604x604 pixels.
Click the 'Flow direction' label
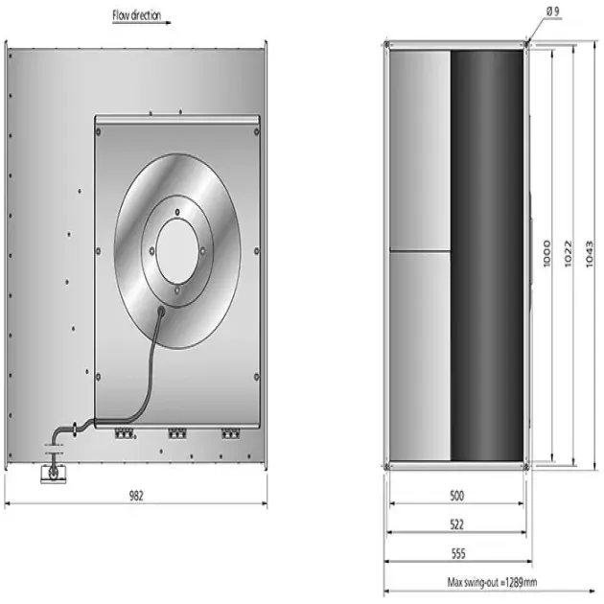pyautogui.click(x=136, y=15)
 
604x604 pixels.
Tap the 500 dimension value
pyautogui.click(x=456, y=496)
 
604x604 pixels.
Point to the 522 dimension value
pyautogui.click(x=456, y=526)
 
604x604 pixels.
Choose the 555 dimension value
pyautogui.click(x=456, y=554)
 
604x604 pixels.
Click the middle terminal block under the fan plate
pyautogui.click(x=175, y=433)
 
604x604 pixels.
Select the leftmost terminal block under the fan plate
pyautogui.click(x=122, y=433)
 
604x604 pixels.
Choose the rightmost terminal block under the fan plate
pyautogui.click(x=229, y=433)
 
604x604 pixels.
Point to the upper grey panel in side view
pyautogui.click(x=419, y=149)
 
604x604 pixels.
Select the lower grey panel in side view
pyautogui.click(x=419, y=355)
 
